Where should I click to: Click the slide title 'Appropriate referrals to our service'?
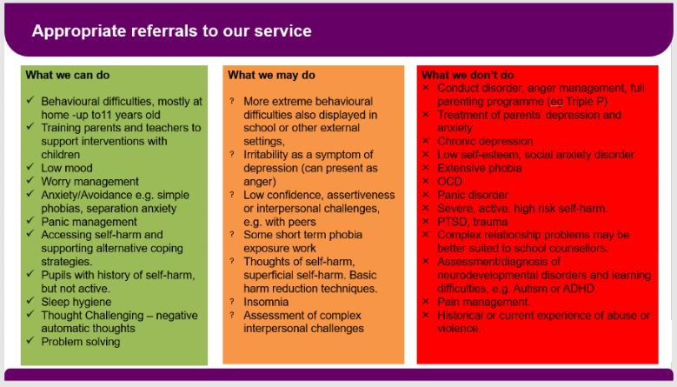coord(171,31)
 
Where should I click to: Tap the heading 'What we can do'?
coord(68,75)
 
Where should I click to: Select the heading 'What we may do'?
coord(271,75)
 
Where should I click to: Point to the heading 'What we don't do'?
coord(468,75)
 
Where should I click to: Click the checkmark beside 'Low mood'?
coord(30,167)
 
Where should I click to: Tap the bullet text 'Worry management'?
coord(90,182)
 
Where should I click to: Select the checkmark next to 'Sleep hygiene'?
coord(30,301)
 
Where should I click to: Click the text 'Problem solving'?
coord(81,342)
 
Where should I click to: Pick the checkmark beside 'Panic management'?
coord(30,220)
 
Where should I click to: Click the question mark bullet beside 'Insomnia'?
coord(232,302)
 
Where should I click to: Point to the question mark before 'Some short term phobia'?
coord(232,235)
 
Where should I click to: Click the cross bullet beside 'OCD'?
coord(426,181)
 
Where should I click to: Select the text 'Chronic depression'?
coord(485,141)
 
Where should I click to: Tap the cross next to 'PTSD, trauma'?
coord(426,221)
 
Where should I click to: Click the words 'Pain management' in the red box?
coord(482,302)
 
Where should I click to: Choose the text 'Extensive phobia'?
coord(479,168)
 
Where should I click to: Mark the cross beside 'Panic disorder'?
coord(426,194)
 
